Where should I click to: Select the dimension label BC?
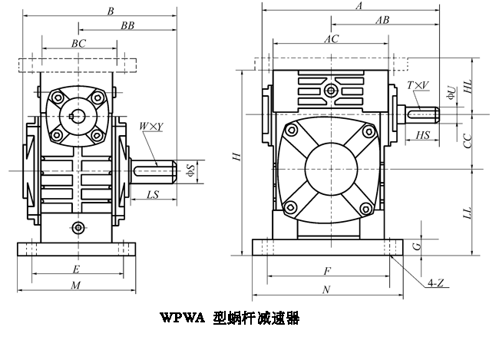click(78, 44)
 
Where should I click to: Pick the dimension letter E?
click(75, 269)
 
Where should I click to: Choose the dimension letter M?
click(75, 285)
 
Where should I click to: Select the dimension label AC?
click(331, 38)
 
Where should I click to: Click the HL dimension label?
click(477, 88)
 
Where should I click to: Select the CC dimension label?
click(477, 140)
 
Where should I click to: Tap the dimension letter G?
click(415, 246)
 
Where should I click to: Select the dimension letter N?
click(326, 289)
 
